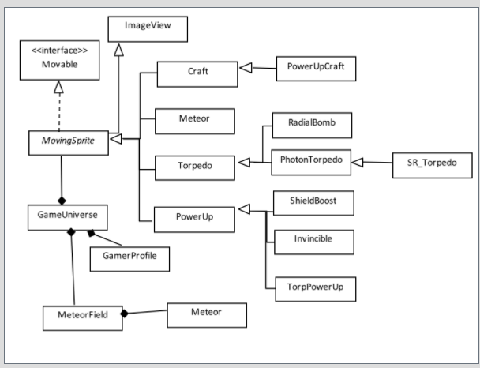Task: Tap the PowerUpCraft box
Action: pos(315,68)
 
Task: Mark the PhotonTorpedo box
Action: pos(310,161)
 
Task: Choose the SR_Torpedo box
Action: pos(432,165)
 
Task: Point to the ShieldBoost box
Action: pos(313,203)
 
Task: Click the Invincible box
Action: pos(313,241)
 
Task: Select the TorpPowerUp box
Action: pos(313,287)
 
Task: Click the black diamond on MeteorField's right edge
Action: pos(124,314)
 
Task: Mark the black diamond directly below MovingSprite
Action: pos(62,201)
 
